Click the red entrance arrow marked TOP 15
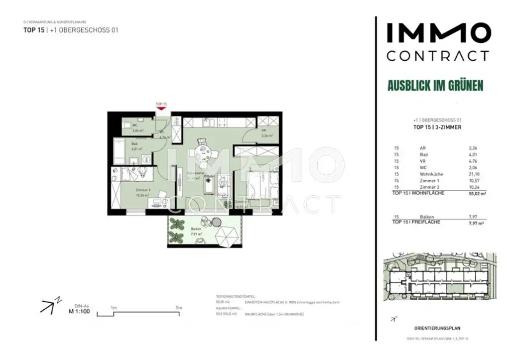pos(160,109)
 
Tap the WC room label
pos(135,125)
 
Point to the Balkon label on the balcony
pos(196,229)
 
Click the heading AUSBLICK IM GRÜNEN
pos(435,86)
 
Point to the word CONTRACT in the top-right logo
pos(437,55)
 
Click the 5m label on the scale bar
pos(179,308)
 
